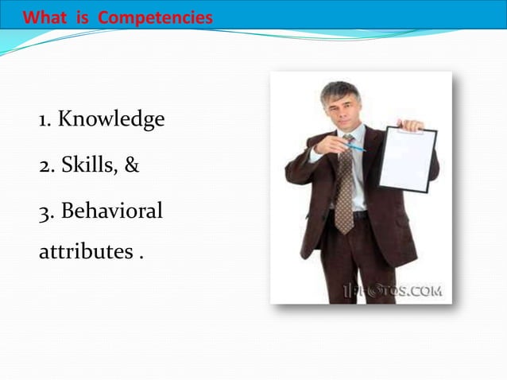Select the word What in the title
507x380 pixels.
click(46, 17)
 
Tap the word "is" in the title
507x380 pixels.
click(83, 17)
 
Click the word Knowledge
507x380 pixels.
click(111, 120)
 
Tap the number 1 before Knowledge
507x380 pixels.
click(45, 121)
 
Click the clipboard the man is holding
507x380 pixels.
click(407, 159)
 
